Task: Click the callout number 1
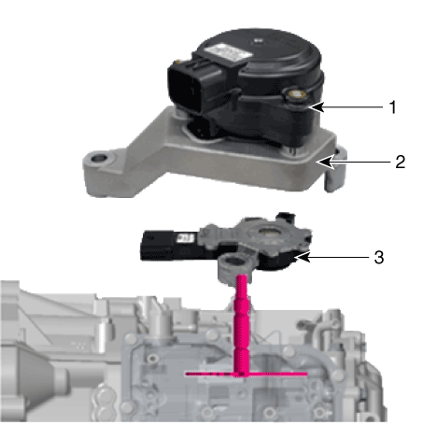[393, 107]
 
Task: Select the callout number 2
[401, 162]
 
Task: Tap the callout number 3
[379, 258]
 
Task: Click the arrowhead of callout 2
[324, 162]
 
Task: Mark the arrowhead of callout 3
[303, 258]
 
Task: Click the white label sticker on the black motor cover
[230, 51]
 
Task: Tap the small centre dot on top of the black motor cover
[257, 40]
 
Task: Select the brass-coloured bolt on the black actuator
[296, 94]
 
